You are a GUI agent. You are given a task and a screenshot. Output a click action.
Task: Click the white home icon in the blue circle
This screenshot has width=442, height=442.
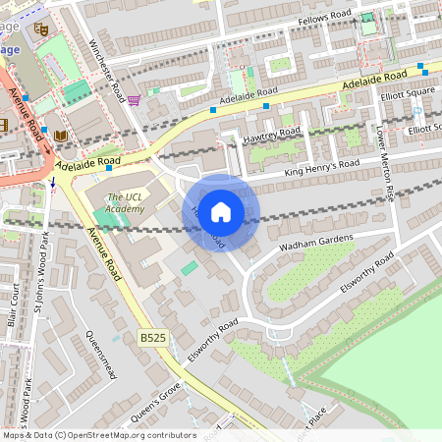click(x=221, y=212)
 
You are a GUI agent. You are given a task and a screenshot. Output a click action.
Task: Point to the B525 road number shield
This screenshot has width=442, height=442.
click(x=152, y=337)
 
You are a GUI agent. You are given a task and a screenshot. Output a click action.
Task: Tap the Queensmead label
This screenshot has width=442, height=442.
click(x=102, y=354)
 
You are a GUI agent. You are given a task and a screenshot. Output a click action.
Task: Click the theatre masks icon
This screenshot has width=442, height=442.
click(x=40, y=29)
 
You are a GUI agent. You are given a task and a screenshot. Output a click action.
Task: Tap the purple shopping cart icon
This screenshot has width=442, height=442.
click(x=134, y=99)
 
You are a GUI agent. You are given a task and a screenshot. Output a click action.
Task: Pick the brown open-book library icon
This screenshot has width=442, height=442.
click(x=62, y=135)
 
